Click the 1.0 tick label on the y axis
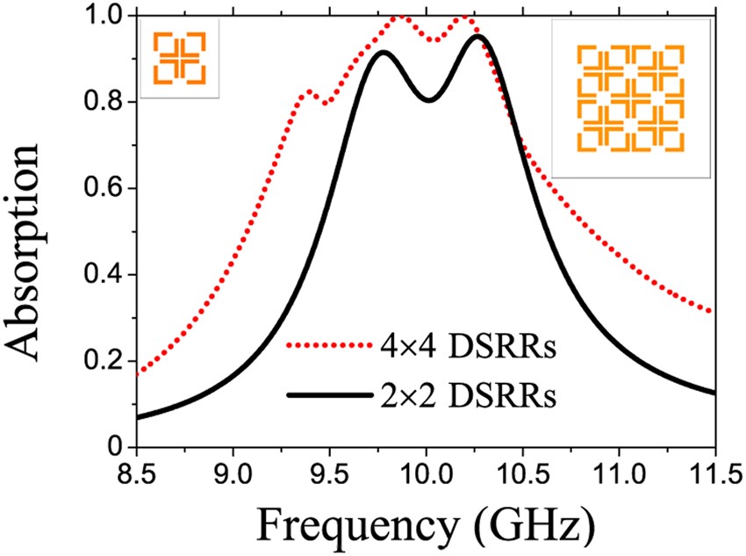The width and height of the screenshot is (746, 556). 104,17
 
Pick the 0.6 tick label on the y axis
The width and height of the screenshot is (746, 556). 104,189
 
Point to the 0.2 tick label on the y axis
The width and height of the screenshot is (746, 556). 104,362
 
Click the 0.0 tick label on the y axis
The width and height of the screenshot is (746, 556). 104,447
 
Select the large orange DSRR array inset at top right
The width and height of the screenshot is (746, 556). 630,96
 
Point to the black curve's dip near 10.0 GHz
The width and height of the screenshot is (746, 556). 428,100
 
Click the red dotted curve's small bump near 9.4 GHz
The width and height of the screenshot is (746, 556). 308,91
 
